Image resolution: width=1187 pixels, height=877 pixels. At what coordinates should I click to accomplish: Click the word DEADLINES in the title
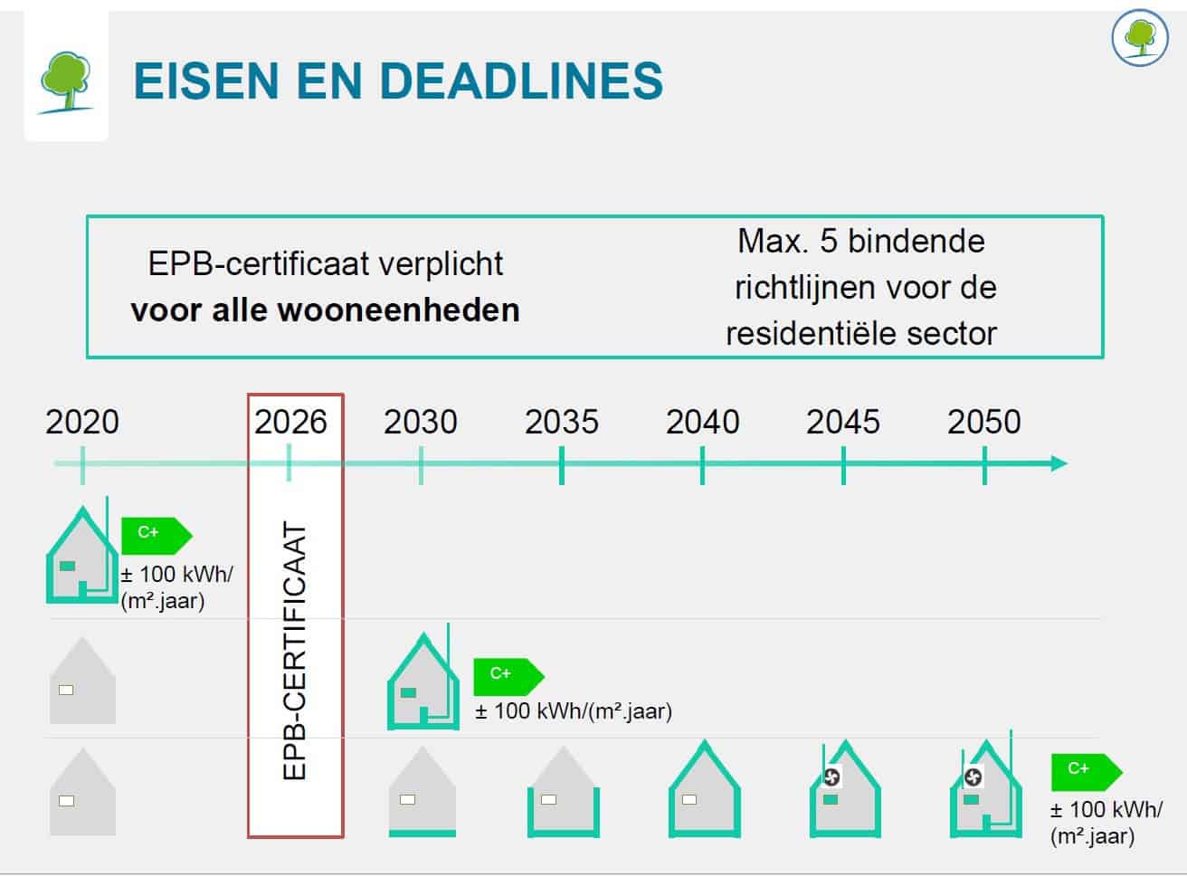click(x=521, y=81)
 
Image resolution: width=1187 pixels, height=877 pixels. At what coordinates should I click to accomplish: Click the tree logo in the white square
click(x=66, y=82)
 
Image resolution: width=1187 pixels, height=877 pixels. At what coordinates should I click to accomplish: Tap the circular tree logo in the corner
click(x=1140, y=37)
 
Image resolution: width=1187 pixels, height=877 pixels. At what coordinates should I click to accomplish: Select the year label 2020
click(x=82, y=422)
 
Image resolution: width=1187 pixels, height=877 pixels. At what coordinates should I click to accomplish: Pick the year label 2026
click(x=290, y=422)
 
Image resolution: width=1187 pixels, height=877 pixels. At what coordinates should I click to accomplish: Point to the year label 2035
click(x=562, y=422)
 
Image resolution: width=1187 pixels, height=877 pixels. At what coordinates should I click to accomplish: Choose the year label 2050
click(x=984, y=422)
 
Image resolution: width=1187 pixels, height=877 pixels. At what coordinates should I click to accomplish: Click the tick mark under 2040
click(x=703, y=465)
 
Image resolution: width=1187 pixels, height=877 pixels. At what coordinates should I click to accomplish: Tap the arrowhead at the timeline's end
click(x=1059, y=463)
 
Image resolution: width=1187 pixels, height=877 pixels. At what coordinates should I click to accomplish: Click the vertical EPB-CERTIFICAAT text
click(x=294, y=650)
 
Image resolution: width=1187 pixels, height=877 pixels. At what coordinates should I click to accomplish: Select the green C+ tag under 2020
click(x=157, y=536)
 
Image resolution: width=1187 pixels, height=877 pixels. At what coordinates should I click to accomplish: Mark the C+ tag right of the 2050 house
click(x=1087, y=772)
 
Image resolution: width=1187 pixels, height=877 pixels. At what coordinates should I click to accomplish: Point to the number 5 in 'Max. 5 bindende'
click(x=829, y=242)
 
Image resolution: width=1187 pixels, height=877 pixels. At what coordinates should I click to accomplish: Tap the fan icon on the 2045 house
click(x=831, y=777)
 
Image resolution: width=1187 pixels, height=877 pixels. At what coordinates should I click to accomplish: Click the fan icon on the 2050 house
click(x=973, y=777)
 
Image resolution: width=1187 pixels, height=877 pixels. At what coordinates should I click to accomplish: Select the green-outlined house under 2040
click(x=704, y=788)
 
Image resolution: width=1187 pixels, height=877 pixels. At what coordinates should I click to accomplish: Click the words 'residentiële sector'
click(x=861, y=334)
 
